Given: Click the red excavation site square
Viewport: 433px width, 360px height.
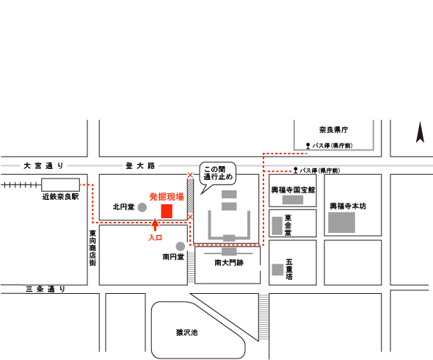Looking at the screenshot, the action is click(x=167, y=212).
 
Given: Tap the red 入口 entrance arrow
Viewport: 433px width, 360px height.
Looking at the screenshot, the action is click(x=155, y=225).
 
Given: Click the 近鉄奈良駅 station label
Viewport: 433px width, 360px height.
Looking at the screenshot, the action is click(x=60, y=197).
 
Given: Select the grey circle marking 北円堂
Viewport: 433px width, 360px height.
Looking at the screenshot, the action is click(x=142, y=207).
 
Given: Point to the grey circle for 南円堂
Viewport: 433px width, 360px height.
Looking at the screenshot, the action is click(x=181, y=246).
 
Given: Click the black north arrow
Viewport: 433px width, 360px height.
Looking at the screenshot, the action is click(x=420, y=132).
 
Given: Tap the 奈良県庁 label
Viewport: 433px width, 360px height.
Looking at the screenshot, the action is click(x=334, y=130).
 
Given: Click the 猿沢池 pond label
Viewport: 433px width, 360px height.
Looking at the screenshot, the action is click(x=187, y=332).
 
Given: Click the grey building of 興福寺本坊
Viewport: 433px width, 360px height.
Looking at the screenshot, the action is click(x=341, y=223).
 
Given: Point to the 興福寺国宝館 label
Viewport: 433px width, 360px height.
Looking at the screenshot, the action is click(x=293, y=190).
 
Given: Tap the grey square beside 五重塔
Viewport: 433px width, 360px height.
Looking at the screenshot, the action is click(x=277, y=270).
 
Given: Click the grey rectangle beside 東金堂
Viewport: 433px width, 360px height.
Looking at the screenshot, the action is click(x=277, y=226).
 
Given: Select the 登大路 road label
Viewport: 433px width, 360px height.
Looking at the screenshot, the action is click(x=140, y=165).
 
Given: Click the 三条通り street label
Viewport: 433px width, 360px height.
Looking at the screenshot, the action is click(x=46, y=289).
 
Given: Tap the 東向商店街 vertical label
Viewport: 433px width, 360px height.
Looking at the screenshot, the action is click(x=92, y=248).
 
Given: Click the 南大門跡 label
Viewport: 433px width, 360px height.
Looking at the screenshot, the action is click(x=229, y=263).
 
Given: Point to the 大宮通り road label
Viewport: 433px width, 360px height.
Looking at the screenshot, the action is click(x=44, y=165).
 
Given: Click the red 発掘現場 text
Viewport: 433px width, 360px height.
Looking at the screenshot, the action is click(x=167, y=197).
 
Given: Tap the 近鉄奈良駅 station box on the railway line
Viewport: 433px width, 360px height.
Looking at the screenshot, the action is click(x=60, y=184).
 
